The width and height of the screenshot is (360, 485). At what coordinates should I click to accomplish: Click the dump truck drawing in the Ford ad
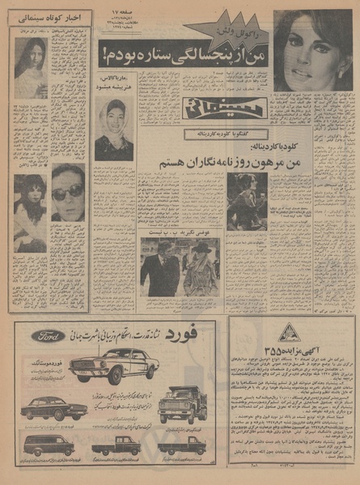click(x=182, y=402)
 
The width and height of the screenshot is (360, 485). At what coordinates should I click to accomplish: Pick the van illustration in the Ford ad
click(x=49, y=445)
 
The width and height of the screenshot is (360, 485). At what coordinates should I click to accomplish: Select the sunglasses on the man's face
click(x=67, y=192)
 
